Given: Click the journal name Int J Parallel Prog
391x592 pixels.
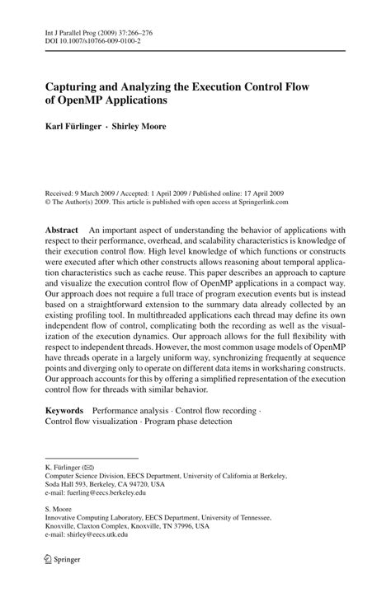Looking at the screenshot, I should click(73, 33).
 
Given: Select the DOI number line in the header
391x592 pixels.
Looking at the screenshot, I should click(93, 42).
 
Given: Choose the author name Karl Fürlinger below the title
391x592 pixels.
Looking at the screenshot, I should click(77, 126).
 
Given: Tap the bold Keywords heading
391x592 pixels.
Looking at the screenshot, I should click(64, 409).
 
